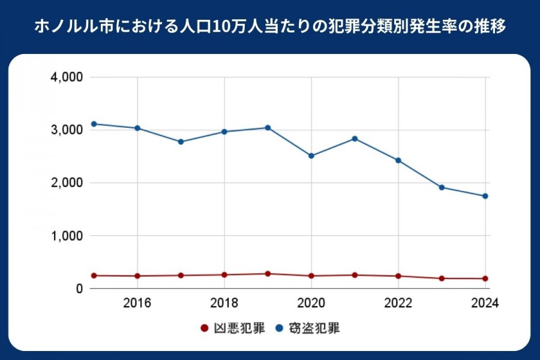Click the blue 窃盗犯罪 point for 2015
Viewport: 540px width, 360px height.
(94, 124)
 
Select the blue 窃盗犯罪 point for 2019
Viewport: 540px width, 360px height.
(268, 128)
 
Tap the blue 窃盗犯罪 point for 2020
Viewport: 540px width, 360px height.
(311, 156)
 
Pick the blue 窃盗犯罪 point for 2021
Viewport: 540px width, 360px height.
(355, 139)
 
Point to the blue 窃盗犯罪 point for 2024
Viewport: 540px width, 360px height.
(485, 196)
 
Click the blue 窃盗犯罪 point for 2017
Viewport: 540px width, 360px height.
(181, 142)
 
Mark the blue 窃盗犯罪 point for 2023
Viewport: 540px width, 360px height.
(442, 187)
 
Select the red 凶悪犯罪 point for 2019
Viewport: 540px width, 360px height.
(268, 274)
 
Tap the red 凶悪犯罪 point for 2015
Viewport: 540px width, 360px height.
(94, 275)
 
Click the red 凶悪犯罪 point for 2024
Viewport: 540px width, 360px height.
(485, 278)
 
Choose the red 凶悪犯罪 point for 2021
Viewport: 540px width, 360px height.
(355, 275)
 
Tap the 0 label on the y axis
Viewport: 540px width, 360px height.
(79, 289)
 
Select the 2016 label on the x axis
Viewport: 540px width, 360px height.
(137, 302)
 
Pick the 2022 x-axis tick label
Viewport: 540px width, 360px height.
(398, 302)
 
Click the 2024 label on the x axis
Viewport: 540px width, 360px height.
(485, 302)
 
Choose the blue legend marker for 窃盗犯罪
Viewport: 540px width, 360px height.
(279, 328)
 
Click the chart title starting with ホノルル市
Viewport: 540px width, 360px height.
(270, 28)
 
